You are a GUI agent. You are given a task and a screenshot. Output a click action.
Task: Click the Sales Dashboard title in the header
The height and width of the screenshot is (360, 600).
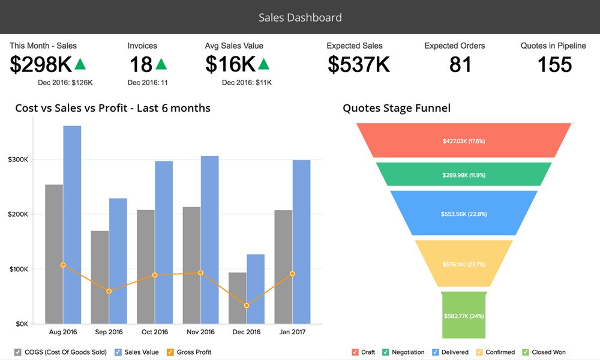(300, 17)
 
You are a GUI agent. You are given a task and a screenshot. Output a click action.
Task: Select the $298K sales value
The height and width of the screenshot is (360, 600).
(41, 64)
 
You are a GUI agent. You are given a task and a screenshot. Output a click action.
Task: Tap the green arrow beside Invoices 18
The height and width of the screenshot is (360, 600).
(161, 64)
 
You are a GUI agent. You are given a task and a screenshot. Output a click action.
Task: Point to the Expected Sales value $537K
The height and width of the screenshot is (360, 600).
(359, 64)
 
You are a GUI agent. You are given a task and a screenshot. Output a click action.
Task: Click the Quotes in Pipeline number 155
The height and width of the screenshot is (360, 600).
(554, 64)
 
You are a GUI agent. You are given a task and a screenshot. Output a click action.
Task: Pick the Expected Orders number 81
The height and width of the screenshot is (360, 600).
(460, 64)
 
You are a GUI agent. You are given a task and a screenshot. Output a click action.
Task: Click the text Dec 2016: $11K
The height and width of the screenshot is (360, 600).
(247, 83)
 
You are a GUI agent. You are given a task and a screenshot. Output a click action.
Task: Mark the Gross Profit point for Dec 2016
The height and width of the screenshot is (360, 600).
(247, 305)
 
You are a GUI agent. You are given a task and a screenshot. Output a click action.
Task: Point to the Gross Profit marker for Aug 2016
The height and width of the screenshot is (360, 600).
(63, 265)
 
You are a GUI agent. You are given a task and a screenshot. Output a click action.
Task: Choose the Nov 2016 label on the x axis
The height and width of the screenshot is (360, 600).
(200, 332)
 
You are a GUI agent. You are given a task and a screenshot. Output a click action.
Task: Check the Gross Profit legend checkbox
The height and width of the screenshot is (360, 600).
(170, 352)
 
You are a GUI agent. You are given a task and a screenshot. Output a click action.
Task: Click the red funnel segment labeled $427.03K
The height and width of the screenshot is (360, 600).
(463, 141)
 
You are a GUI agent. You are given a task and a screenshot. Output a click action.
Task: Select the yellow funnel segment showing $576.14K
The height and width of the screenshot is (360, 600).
(463, 264)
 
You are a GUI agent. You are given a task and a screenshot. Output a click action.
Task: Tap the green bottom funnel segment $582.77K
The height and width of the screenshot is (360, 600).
(463, 315)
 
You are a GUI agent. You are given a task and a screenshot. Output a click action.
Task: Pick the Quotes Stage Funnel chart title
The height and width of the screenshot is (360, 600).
(396, 109)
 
